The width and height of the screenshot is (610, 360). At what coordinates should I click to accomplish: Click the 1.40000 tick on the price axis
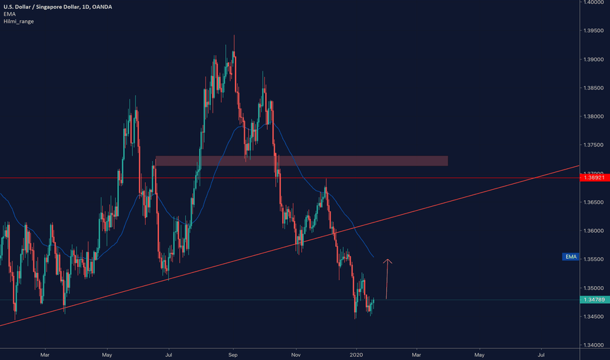click(x=594, y=3)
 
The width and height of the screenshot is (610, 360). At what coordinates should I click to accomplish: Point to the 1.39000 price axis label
click(x=594, y=60)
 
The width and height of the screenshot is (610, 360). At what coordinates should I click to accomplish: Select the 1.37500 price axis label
click(x=594, y=145)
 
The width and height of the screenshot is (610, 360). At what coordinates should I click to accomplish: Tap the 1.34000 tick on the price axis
click(x=594, y=345)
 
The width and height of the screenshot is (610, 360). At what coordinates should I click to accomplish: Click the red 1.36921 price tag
click(x=594, y=177)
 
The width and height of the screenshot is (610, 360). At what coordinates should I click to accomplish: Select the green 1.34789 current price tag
click(x=594, y=300)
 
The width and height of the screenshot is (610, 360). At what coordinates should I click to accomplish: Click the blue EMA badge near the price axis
click(x=570, y=257)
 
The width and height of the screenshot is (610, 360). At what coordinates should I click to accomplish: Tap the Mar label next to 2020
click(x=416, y=355)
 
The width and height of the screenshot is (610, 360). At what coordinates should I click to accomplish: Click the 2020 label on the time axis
click(x=357, y=355)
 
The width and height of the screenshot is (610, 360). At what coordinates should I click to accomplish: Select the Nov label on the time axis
click(x=295, y=355)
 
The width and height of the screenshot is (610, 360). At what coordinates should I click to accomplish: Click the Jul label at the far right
click(x=541, y=355)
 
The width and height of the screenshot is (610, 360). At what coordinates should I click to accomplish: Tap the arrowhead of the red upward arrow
click(x=388, y=261)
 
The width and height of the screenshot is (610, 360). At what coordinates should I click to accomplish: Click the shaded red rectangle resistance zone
click(x=301, y=160)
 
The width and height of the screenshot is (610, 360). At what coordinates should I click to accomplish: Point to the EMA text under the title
click(x=9, y=14)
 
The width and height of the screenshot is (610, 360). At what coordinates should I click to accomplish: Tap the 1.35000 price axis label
click(x=594, y=288)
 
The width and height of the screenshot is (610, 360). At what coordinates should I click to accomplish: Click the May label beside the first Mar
click(x=107, y=355)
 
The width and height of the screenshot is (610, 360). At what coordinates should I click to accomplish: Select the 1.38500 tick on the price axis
click(x=594, y=88)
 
